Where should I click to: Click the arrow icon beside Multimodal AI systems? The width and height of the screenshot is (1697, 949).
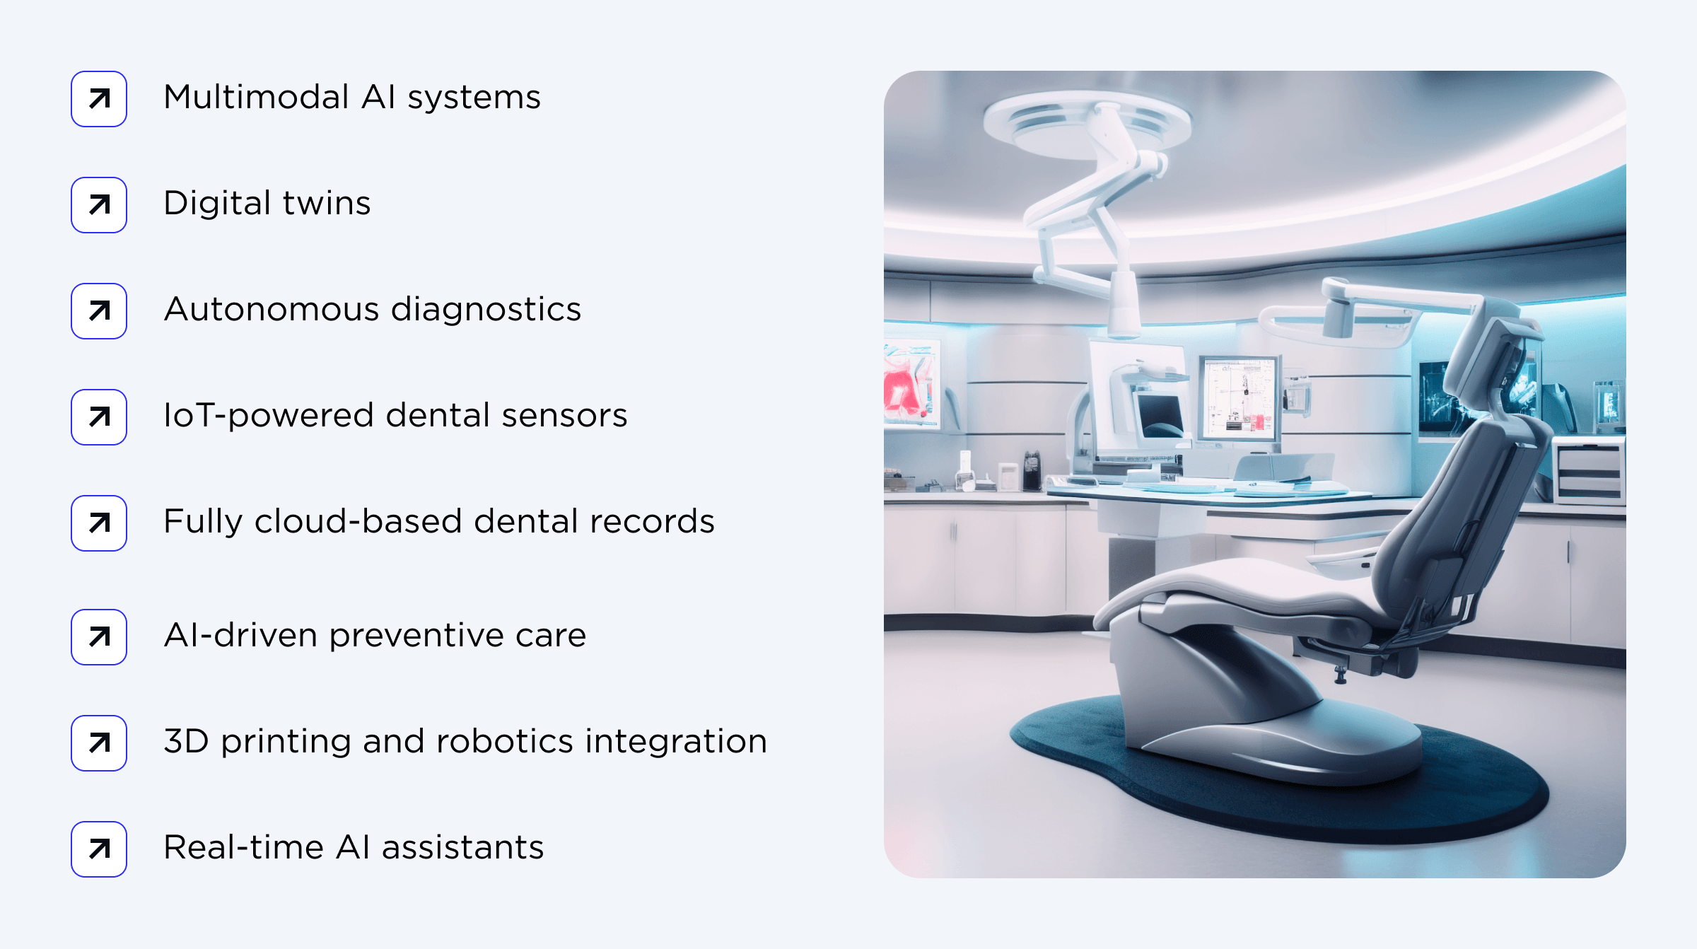pyautogui.click(x=99, y=99)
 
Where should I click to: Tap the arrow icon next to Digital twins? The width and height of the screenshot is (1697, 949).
pyautogui.click(x=99, y=205)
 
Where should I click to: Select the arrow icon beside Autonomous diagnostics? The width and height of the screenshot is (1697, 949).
pyautogui.click(x=99, y=311)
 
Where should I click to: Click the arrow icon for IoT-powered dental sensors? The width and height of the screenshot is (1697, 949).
pyautogui.click(x=99, y=417)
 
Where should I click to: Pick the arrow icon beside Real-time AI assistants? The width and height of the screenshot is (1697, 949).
pyautogui.click(x=99, y=849)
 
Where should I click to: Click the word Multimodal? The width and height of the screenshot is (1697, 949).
pyautogui.click(x=256, y=98)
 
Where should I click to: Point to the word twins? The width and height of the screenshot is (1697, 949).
pyautogui.click(x=327, y=204)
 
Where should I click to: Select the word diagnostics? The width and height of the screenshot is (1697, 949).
pyautogui.click(x=486, y=310)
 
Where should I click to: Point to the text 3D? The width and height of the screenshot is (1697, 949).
pyautogui.click(x=186, y=742)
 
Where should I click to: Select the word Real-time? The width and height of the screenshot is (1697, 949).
pyautogui.click(x=243, y=848)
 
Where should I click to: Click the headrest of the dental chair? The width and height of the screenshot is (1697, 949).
pyautogui.click(x=1492, y=354)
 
